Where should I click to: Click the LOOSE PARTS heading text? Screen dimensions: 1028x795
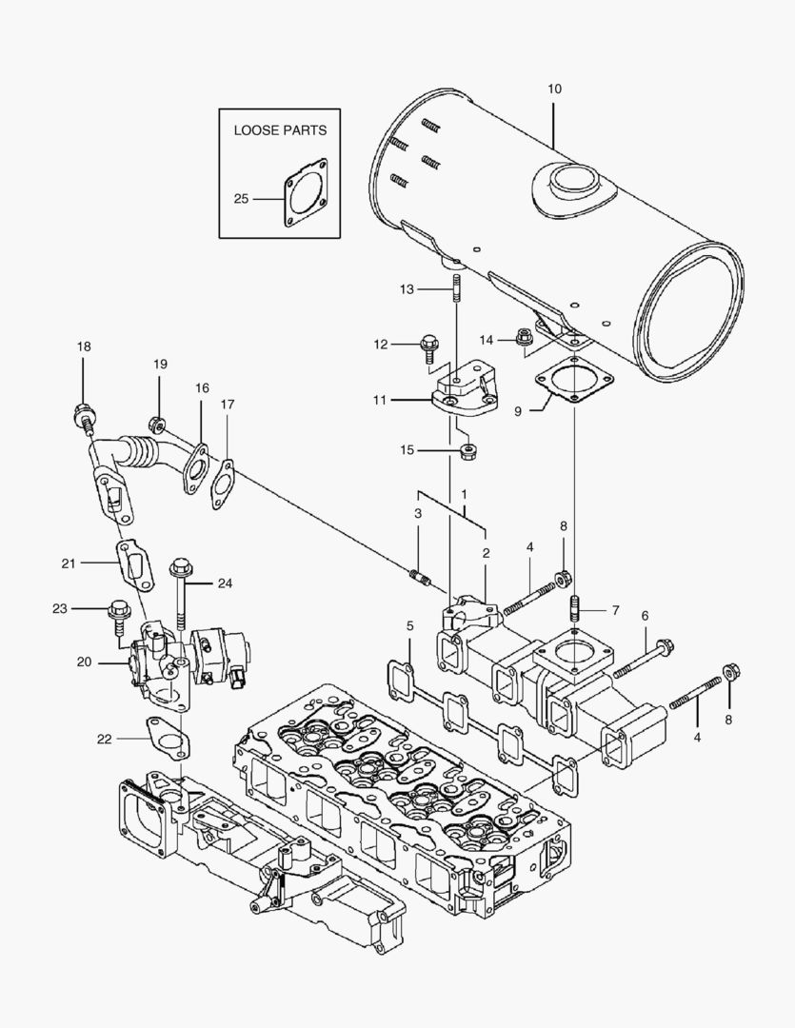click(x=280, y=130)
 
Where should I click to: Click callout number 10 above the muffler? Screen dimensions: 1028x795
click(x=554, y=89)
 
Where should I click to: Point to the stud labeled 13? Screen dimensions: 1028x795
click(x=457, y=288)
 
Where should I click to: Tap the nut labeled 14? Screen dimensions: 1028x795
click(x=523, y=336)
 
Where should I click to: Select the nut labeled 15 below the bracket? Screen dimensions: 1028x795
click(x=467, y=450)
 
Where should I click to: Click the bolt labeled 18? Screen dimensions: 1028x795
click(x=83, y=416)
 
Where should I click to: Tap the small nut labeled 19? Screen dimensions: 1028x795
click(x=158, y=423)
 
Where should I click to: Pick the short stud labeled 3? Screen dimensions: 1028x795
click(x=420, y=577)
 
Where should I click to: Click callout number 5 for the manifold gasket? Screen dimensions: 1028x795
click(x=409, y=626)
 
